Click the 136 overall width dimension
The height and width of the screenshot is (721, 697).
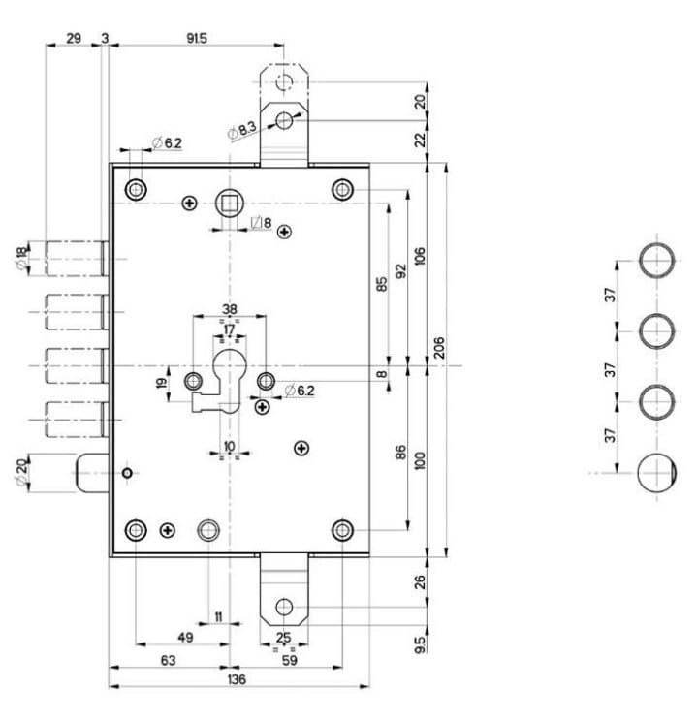(x=237, y=679)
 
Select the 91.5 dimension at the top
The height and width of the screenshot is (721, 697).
(x=196, y=38)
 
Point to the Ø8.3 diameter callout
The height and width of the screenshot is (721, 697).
(x=241, y=129)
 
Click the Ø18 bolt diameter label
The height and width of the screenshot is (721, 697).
(x=21, y=260)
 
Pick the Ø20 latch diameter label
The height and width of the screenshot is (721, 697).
(x=21, y=475)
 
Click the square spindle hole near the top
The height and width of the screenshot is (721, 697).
(x=231, y=204)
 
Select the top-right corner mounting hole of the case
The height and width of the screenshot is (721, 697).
(x=341, y=189)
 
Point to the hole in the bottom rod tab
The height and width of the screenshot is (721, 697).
(x=283, y=607)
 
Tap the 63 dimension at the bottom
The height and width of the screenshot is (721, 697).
(x=168, y=660)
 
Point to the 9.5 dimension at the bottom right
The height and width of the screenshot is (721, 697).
(x=419, y=643)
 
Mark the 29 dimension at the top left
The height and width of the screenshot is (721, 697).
(x=74, y=38)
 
